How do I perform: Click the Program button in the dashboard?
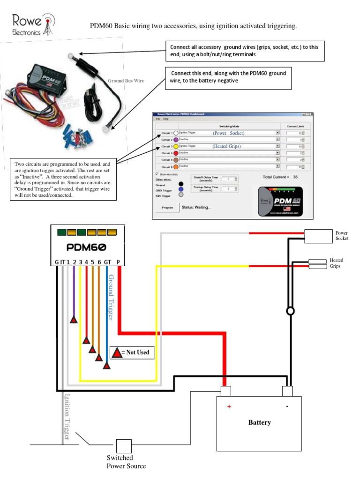click(167, 207)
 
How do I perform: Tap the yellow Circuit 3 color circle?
click(176, 146)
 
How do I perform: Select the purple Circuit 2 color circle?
click(176, 140)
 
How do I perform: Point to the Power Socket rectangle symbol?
click(318, 236)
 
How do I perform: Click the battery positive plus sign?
click(229, 406)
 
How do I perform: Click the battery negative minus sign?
click(287, 406)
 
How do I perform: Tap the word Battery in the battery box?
click(259, 422)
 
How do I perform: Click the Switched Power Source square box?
click(124, 446)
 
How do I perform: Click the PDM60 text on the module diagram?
click(87, 247)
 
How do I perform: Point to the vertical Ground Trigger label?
click(112, 298)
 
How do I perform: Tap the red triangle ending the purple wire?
click(74, 320)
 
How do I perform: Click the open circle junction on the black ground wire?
click(291, 311)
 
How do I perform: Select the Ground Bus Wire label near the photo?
click(126, 81)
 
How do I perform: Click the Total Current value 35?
click(295, 177)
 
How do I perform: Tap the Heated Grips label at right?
click(336, 263)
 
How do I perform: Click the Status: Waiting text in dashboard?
click(196, 207)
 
